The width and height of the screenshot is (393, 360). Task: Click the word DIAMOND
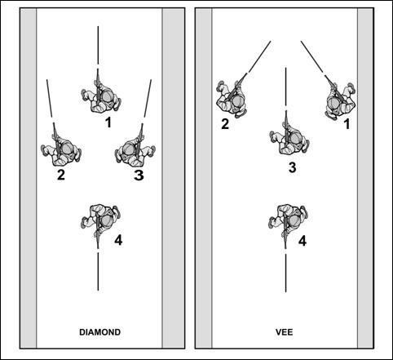(100, 332)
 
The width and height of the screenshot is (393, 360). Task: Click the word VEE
(285, 332)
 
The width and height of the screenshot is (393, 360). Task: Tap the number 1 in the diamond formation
(108, 122)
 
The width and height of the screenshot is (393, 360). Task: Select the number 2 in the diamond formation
(61, 175)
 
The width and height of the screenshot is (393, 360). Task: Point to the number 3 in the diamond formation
(139, 176)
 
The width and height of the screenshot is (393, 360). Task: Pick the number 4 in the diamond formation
(118, 240)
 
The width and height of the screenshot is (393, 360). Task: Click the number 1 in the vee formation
(347, 124)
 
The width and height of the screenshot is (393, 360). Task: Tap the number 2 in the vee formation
(225, 124)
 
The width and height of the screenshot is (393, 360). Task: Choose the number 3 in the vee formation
(292, 167)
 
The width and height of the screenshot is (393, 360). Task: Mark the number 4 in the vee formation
(302, 241)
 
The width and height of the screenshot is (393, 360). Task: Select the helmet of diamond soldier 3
(129, 149)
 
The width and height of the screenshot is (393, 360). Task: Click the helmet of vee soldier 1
(333, 103)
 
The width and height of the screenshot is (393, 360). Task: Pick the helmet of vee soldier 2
(237, 101)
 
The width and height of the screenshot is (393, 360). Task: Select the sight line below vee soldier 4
(285, 273)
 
